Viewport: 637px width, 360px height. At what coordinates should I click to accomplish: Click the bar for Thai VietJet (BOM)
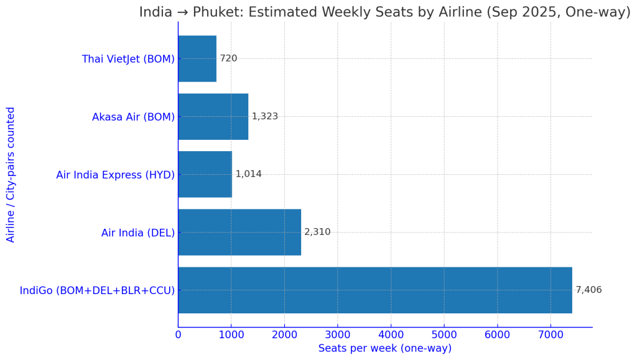pos(197,58)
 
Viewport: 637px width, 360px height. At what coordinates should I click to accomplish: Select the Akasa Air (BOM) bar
pos(213,116)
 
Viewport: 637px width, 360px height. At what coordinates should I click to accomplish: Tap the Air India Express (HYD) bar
pos(205,174)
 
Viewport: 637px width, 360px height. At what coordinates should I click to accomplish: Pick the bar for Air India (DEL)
pos(239,232)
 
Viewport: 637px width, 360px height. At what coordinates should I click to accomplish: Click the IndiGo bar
pos(374,290)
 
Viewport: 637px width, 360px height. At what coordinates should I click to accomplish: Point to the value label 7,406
pos(588,290)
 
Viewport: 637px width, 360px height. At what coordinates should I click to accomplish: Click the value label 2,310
pos(317,232)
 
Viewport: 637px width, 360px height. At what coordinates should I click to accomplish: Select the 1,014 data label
pos(248,174)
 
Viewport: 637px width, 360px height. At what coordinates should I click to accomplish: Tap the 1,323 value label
pos(264,116)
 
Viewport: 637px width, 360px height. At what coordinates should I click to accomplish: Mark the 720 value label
pos(228,58)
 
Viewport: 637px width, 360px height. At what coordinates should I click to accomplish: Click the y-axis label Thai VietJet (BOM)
pos(128,59)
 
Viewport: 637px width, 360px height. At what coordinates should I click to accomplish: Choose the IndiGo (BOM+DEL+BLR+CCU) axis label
pos(97,290)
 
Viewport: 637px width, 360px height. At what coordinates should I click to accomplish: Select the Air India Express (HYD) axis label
pos(115,175)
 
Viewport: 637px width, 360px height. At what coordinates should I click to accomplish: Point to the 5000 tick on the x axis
pos(444,336)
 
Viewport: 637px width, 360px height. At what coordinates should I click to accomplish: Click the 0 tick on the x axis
pos(178,336)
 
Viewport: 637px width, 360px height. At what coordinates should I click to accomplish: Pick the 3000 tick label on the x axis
pos(337,336)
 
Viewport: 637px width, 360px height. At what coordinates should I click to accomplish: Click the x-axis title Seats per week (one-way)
pos(384,349)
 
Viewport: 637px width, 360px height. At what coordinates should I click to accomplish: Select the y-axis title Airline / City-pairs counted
pos(11,174)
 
